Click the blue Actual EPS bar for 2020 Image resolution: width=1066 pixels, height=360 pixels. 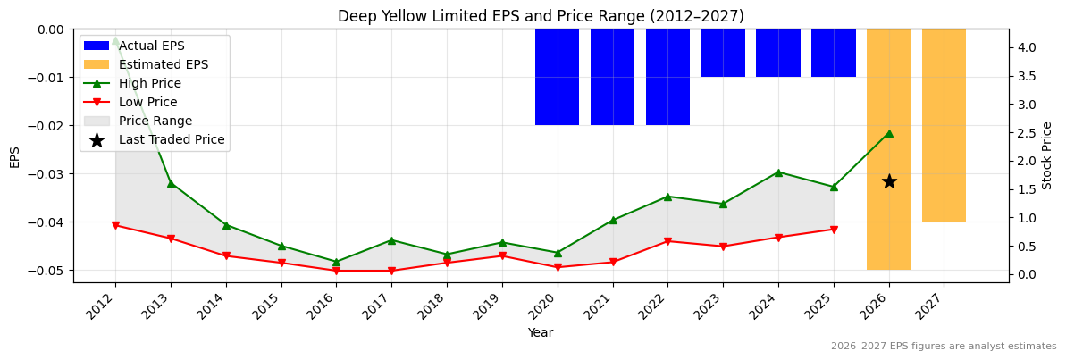point(557,77)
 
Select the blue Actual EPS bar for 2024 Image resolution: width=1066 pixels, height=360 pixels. point(777,53)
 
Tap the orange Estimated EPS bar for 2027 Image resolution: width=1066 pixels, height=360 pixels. point(944,125)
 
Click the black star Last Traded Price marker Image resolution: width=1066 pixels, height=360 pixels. point(889,181)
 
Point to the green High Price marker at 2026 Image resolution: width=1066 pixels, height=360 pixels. point(889,133)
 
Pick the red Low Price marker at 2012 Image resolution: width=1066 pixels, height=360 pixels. point(115,225)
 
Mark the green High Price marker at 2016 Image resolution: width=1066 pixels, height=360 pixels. point(336,262)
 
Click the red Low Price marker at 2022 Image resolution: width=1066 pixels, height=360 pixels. point(667,241)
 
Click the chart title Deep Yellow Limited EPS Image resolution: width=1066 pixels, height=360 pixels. point(540,16)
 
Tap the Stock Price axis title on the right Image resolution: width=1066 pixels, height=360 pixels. point(1047,155)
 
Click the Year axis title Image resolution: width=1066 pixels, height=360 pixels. point(540,332)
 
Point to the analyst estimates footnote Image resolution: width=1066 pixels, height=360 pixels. point(943,347)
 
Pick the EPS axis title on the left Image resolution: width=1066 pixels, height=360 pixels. point(14,156)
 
